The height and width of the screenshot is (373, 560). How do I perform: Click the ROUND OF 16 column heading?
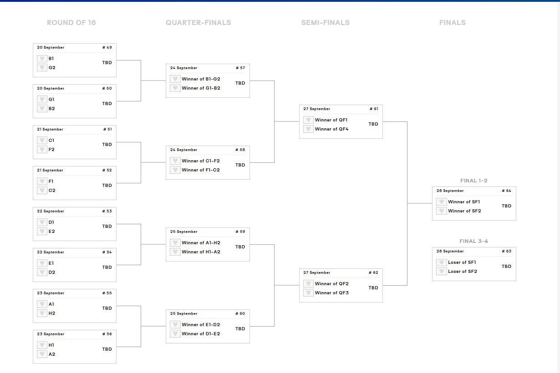[x=71, y=23]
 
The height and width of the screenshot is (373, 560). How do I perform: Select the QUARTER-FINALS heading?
[x=198, y=23]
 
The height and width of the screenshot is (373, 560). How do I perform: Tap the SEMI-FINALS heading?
[x=325, y=23]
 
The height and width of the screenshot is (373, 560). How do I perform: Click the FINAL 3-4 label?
[x=473, y=241]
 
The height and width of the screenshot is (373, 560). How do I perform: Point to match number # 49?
[x=107, y=47]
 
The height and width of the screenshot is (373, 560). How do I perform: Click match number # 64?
[x=506, y=191]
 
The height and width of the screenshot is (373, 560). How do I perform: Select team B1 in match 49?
[x=51, y=59]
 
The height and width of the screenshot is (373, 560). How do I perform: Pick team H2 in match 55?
[x=52, y=313]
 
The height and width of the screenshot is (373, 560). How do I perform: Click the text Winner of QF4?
[x=331, y=129]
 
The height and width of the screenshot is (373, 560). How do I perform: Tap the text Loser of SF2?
[x=462, y=272]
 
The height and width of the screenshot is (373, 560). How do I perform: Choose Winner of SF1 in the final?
[x=463, y=202]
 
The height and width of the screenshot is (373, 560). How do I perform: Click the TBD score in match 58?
[x=240, y=165]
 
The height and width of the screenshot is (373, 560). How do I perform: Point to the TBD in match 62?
[x=373, y=288]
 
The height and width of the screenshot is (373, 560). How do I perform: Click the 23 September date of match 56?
[x=50, y=334]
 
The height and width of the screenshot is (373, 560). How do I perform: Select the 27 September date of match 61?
[x=316, y=109]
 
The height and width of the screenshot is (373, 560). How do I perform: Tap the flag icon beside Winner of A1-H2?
[x=175, y=243]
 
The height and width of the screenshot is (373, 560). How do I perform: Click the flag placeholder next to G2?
[x=42, y=68]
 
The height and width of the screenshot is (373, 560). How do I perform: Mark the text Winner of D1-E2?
[x=200, y=334]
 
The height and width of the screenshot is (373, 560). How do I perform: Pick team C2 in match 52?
[x=52, y=191]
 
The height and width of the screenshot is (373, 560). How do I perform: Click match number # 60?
[x=240, y=313]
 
